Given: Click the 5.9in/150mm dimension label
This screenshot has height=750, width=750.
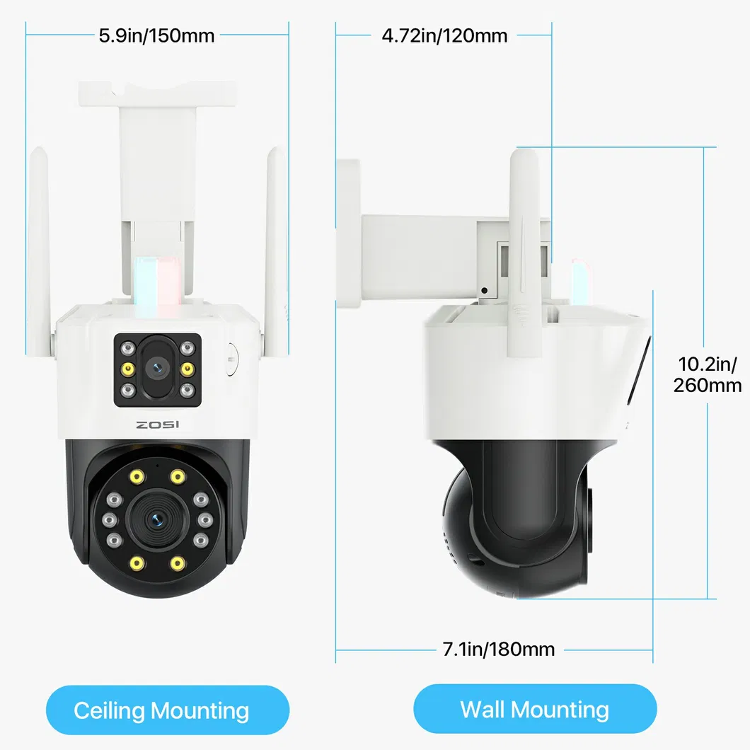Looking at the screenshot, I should [156, 35].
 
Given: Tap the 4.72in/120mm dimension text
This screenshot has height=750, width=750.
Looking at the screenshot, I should [444, 35].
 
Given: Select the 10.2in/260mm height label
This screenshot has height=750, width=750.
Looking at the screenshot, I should [710, 374].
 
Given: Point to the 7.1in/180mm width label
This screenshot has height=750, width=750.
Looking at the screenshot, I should [499, 649].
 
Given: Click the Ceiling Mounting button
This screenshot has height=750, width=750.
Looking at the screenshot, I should [168, 710].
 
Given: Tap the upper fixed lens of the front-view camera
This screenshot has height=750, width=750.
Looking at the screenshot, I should [157, 368].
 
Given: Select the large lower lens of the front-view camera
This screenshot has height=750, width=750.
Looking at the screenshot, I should [156, 521].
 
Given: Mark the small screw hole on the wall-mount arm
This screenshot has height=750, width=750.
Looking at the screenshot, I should [484, 290].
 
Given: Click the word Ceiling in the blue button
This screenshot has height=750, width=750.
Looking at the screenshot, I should [110, 710].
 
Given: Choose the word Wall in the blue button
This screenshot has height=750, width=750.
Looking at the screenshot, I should [484, 709].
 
